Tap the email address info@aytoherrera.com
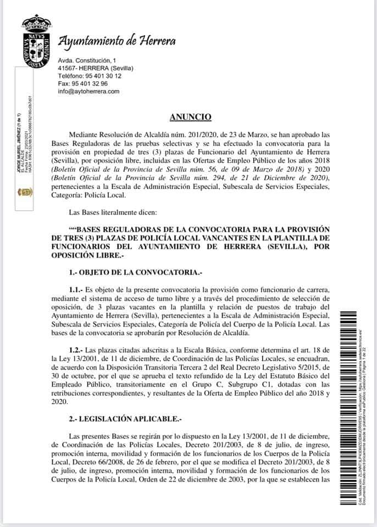pyautogui.click(x=88, y=91)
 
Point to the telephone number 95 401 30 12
pyautogui.click(x=98, y=76)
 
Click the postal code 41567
pyautogui.click(x=69, y=68)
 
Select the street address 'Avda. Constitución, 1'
pyautogui.click(x=87, y=59)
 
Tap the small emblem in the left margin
pyautogui.click(x=25, y=192)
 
